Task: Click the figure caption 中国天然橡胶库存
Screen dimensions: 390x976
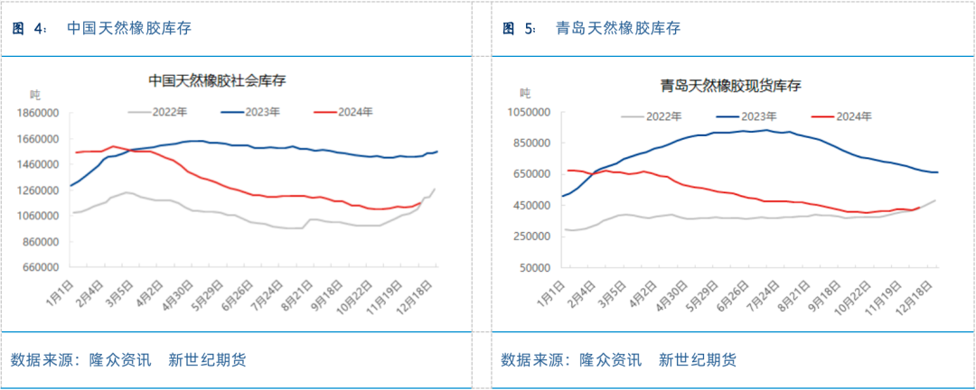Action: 129,28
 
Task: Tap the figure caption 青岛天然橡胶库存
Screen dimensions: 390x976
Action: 619,28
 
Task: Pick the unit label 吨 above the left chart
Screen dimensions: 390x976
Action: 35,95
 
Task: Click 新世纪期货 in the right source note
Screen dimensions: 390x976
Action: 698,360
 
